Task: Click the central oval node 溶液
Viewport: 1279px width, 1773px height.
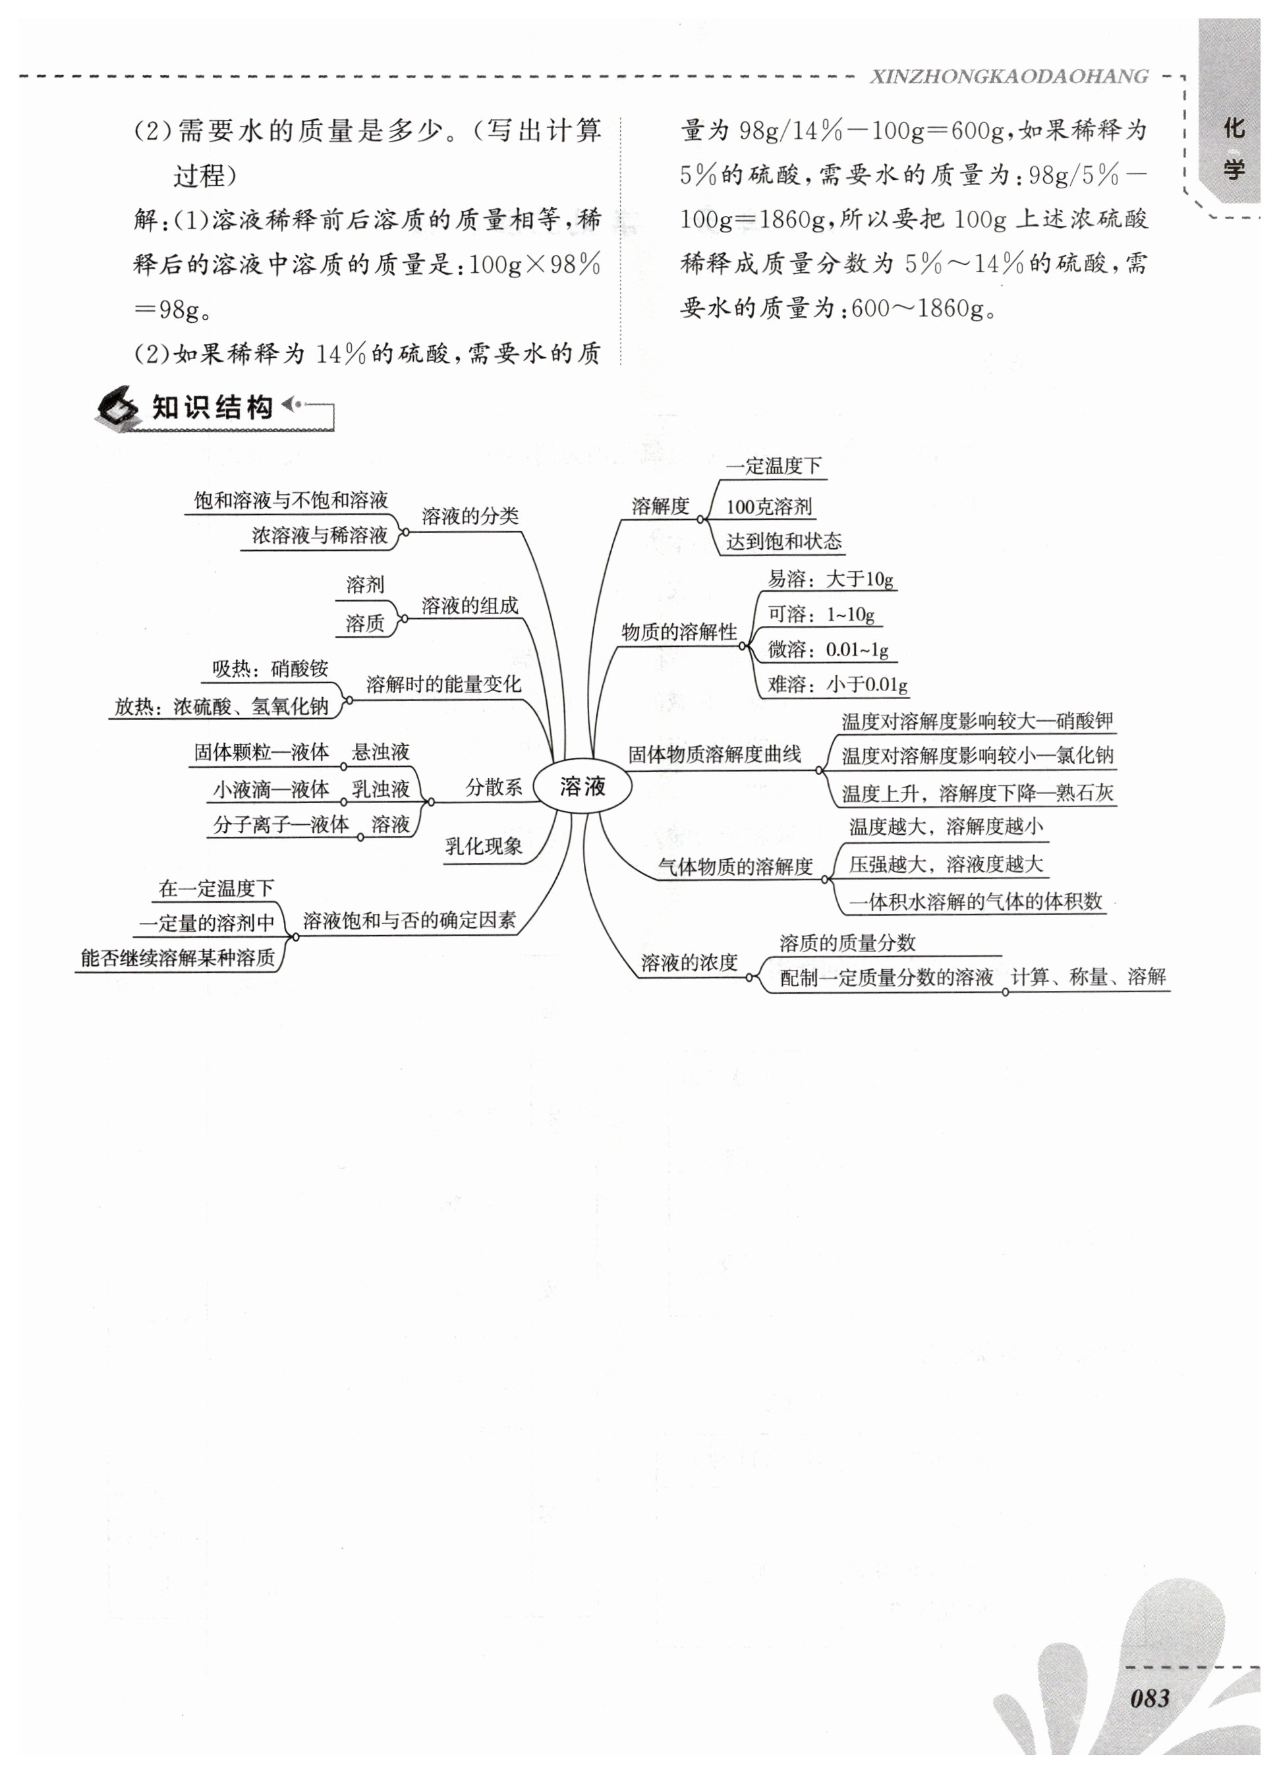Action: (583, 787)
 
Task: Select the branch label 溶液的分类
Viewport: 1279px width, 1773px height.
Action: (470, 516)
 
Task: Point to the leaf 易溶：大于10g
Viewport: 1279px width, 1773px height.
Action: (830, 579)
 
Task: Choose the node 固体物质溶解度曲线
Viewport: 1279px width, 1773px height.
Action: (714, 754)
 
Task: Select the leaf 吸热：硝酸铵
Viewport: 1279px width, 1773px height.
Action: (271, 669)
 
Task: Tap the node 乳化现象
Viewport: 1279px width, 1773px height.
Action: (483, 847)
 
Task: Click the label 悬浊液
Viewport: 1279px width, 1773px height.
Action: (381, 752)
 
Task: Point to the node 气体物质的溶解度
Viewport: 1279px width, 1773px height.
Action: (735, 866)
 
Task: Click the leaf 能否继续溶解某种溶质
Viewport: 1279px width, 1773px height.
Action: (179, 959)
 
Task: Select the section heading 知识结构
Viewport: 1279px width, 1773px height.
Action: (213, 408)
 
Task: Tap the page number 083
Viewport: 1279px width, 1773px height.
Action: (1149, 1699)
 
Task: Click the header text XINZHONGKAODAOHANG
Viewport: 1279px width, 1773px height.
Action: (1008, 76)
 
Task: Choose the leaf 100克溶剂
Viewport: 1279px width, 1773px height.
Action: (769, 507)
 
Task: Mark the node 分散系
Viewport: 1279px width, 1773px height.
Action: (494, 787)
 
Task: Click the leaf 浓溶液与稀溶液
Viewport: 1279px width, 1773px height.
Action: (320, 536)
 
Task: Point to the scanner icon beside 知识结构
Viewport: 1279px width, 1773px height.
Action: (117, 408)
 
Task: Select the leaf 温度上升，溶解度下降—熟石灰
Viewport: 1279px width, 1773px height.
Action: (977, 793)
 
